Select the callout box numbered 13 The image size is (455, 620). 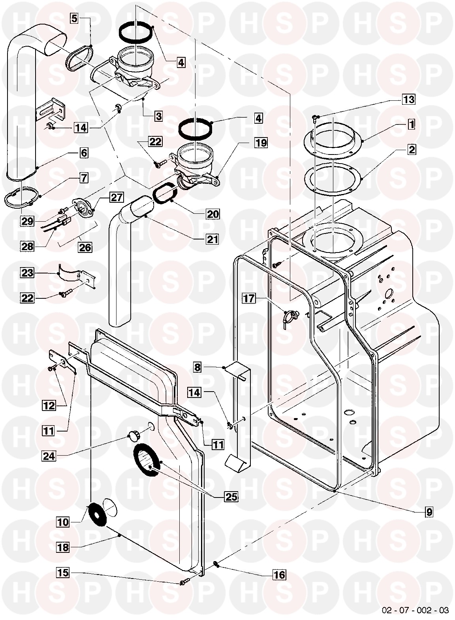click(x=409, y=99)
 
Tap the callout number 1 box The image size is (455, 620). click(x=412, y=124)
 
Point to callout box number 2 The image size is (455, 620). click(x=412, y=150)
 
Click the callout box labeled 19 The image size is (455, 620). click(x=261, y=142)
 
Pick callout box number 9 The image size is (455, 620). click(x=429, y=513)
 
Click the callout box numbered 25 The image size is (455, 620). click(x=231, y=497)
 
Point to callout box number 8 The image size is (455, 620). click(x=197, y=367)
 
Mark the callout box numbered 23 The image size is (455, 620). click(x=28, y=273)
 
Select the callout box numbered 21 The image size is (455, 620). click(x=212, y=239)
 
